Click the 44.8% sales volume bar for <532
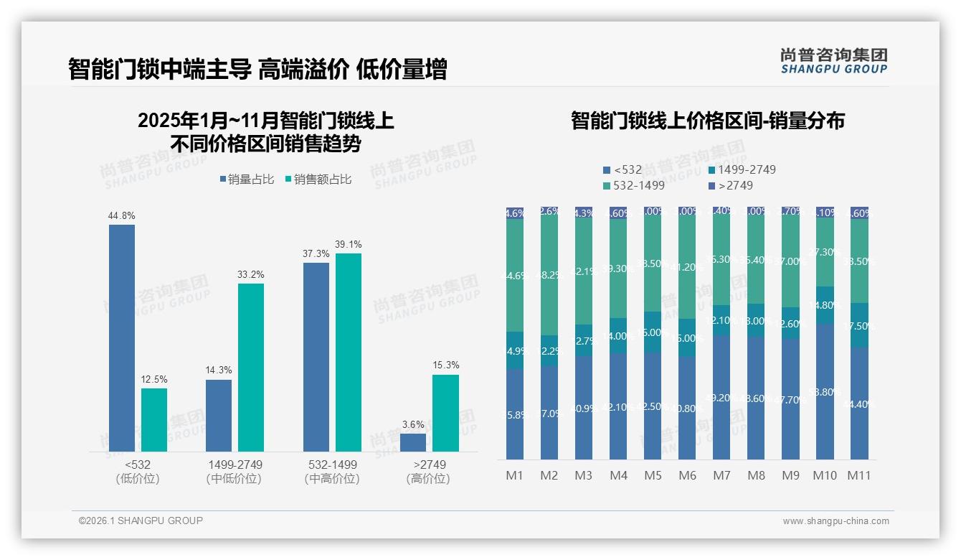122,337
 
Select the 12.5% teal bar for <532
154,420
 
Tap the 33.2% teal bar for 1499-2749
251,367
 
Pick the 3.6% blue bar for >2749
413,442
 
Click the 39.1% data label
349,244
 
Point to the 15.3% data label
446,365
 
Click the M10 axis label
825,475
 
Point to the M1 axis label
515,475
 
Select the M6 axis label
687,475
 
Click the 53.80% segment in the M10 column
825,391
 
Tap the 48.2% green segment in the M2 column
549,276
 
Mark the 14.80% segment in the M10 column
825,305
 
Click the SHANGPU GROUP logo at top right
833,61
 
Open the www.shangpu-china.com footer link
835,521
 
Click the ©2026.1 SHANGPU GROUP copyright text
141,521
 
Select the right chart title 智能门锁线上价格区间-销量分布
707,121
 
